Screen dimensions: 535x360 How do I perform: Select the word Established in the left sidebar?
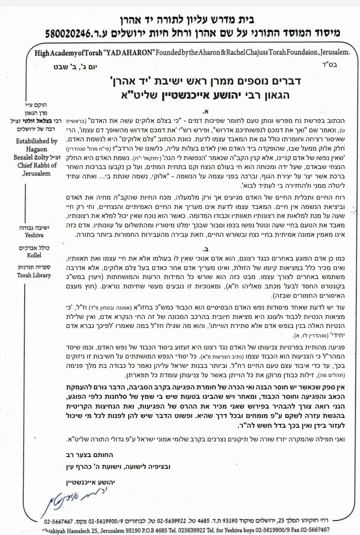pyautogui.click(x=36, y=141)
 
